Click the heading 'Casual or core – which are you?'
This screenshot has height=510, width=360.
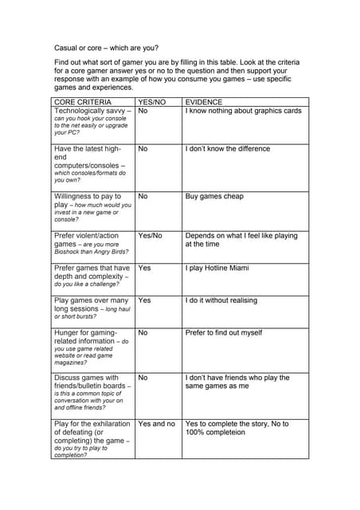coord(106,47)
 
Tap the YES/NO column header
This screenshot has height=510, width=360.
coord(151,102)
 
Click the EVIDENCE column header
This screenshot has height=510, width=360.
coord(205,102)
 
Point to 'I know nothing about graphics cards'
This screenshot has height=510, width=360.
coord(243,111)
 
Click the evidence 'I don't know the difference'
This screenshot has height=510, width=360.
coord(227,148)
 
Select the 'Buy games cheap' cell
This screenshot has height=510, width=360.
coord(214,196)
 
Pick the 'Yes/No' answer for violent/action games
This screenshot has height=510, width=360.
coord(150,236)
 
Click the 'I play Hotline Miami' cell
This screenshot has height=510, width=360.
coord(217,269)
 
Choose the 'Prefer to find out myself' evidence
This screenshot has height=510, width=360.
coord(224,332)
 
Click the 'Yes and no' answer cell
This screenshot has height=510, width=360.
coord(156,423)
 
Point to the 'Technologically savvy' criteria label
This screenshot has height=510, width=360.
coord(89,111)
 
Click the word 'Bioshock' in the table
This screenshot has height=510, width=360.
coord(67,252)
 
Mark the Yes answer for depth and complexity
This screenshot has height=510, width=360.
coord(144,269)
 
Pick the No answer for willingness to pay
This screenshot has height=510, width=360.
coord(143,196)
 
